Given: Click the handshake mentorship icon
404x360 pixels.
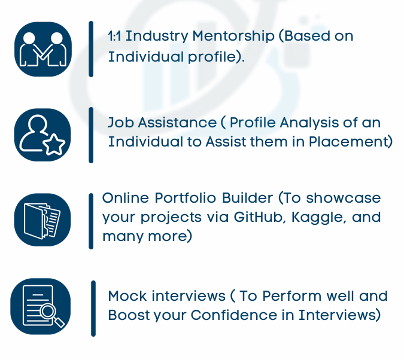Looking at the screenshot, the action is tap(43, 49).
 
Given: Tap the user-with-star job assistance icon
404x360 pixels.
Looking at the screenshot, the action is tap(42, 135).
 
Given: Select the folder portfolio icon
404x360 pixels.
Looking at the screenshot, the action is tap(42, 219).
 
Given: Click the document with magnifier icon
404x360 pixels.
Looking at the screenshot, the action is tap(41, 306).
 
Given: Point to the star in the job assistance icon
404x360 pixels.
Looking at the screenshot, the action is tap(54, 145).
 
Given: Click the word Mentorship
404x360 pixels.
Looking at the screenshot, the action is tap(233, 36).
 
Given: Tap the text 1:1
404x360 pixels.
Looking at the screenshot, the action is tap(114, 36).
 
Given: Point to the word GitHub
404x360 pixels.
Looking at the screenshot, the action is tap(260, 217).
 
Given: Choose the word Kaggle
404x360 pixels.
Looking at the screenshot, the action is tap(318, 218).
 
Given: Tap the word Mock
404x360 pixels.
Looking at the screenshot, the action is tap(127, 296).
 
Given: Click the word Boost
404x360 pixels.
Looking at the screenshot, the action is tap(129, 315).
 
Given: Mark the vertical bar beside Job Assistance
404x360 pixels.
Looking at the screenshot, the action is tap(91, 135).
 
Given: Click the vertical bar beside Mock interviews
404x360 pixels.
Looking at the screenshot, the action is tap(93, 309).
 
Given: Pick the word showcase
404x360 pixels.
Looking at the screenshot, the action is tap(344, 198).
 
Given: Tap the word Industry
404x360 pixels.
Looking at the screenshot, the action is tap(157, 36).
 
